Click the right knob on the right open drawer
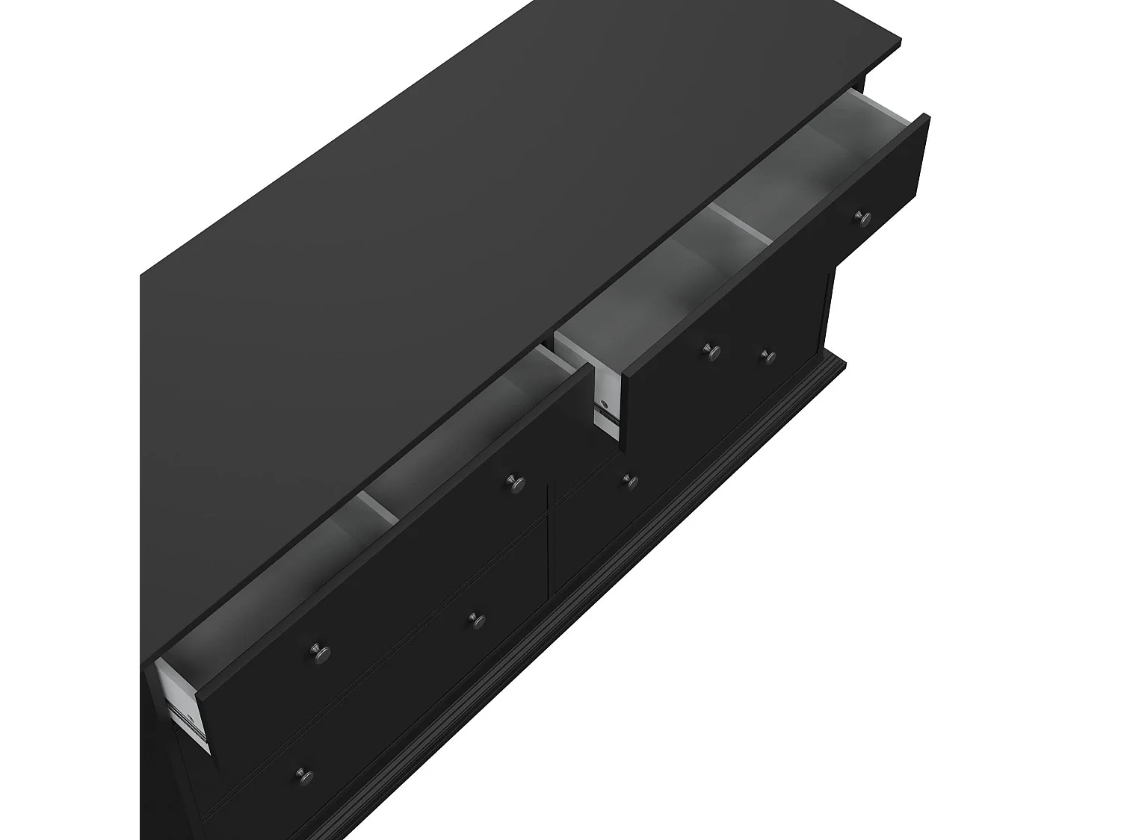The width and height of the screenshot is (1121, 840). point(864,217)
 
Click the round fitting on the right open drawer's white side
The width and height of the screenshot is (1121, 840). point(604,408)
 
